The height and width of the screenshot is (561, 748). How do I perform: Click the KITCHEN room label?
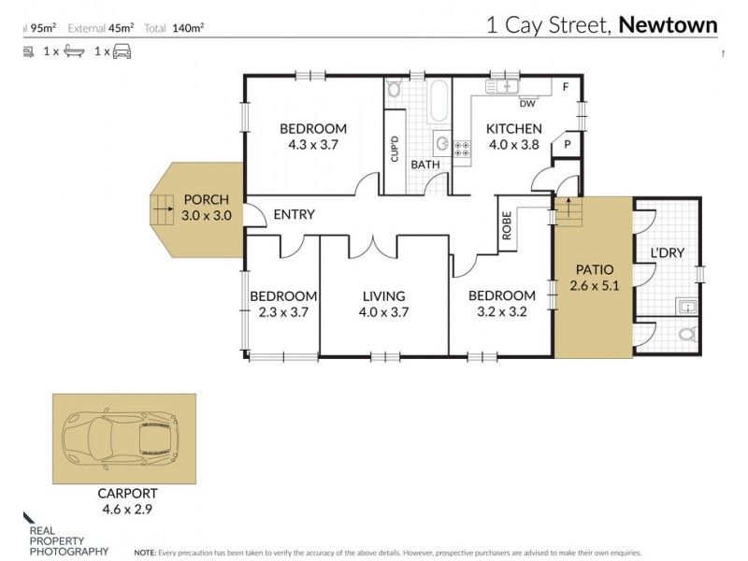[513, 129]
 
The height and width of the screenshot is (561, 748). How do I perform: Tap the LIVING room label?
[383, 296]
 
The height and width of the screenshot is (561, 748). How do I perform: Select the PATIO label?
[595, 269]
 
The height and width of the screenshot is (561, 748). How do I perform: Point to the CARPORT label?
[127, 494]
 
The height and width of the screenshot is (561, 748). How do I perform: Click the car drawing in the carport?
[121, 438]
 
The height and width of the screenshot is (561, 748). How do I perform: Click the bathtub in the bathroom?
[439, 101]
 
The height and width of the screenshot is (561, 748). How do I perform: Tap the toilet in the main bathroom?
[394, 88]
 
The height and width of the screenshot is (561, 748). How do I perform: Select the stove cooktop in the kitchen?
[461, 149]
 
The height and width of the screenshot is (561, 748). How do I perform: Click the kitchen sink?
[502, 86]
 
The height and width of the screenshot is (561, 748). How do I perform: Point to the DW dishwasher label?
[527, 104]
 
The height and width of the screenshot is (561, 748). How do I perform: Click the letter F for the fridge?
[566, 87]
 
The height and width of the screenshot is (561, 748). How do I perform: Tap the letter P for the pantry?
[568, 144]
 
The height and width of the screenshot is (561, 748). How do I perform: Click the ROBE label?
[507, 225]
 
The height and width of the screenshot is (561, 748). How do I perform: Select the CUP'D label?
[395, 149]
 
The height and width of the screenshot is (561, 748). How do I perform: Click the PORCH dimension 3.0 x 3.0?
[206, 216]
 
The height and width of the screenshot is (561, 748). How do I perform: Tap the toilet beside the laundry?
[687, 334]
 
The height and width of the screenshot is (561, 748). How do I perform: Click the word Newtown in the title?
[668, 25]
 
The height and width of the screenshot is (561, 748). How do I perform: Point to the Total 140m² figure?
[174, 28]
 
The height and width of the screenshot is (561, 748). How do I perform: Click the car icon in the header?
[122, 51]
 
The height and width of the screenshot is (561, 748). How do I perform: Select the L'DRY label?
[668, 252]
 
